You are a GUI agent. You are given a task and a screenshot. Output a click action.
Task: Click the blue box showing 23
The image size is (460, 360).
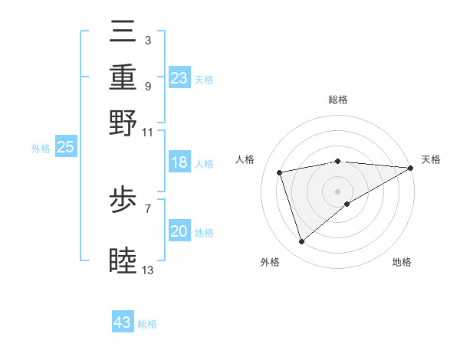179,78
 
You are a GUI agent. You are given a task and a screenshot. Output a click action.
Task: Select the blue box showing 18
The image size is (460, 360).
179,163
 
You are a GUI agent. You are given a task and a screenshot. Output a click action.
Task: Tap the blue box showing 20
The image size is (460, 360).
179,232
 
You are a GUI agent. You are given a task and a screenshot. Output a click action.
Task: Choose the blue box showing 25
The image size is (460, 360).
65,147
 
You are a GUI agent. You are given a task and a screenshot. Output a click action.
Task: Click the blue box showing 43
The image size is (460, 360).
123,322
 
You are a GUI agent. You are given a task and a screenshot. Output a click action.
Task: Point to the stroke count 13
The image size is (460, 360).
148,270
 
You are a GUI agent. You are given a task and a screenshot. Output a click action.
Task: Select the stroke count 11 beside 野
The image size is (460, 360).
148,132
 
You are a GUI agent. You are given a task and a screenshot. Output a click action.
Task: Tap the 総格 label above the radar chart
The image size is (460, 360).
338,100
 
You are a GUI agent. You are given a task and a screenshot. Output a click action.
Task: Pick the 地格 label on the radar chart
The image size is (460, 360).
402,262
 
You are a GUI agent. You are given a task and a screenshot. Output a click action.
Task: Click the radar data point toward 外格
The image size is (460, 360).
301,242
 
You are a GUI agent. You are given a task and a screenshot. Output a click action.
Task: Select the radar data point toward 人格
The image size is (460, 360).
280,172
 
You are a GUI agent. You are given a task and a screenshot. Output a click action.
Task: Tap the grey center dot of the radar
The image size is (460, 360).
338,191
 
